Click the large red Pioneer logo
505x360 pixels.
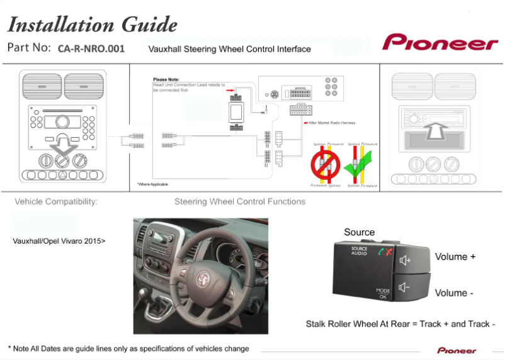click(440, 43)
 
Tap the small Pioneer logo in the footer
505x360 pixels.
click(457, 351)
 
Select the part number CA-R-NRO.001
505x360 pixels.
click(91, 48)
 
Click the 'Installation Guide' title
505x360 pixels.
click(92, 25)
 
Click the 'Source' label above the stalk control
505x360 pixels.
click(359, 232)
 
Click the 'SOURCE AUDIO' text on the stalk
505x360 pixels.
click(359, 251)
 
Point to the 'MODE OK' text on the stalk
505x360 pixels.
click(383, 293)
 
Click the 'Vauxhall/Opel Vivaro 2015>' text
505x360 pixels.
click(59, 240)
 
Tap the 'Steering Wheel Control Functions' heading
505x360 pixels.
click(239, 201)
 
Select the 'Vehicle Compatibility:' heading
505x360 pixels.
click(56, 202)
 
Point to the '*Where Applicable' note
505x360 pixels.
click(154, 184)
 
